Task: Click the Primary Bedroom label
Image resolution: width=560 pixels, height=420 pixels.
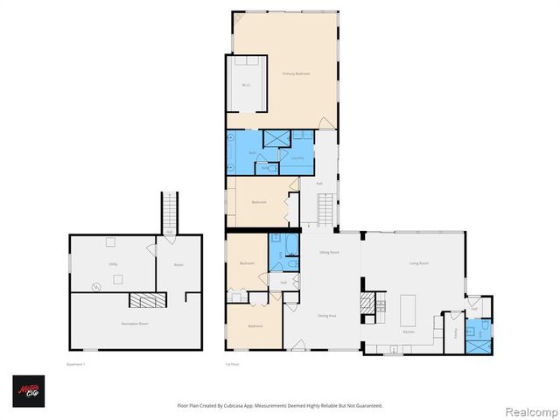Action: tap(296, 74)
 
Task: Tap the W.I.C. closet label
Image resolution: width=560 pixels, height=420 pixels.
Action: tap(246, 85)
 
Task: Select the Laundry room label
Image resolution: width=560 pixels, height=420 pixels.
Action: tap(297, 157)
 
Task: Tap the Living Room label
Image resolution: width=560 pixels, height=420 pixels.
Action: tap(418, 262)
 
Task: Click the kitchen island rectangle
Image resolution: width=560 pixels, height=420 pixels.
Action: tap(407, 310)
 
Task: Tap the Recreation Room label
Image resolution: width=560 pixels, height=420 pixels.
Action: tap(135, 324)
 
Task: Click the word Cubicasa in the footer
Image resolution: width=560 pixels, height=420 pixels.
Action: tap(248, 406)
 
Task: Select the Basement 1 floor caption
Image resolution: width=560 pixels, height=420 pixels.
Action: tap(79, 363)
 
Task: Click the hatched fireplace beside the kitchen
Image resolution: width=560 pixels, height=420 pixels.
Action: tap(367, 304)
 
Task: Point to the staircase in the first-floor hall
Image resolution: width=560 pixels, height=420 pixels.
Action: tap(325, 210)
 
